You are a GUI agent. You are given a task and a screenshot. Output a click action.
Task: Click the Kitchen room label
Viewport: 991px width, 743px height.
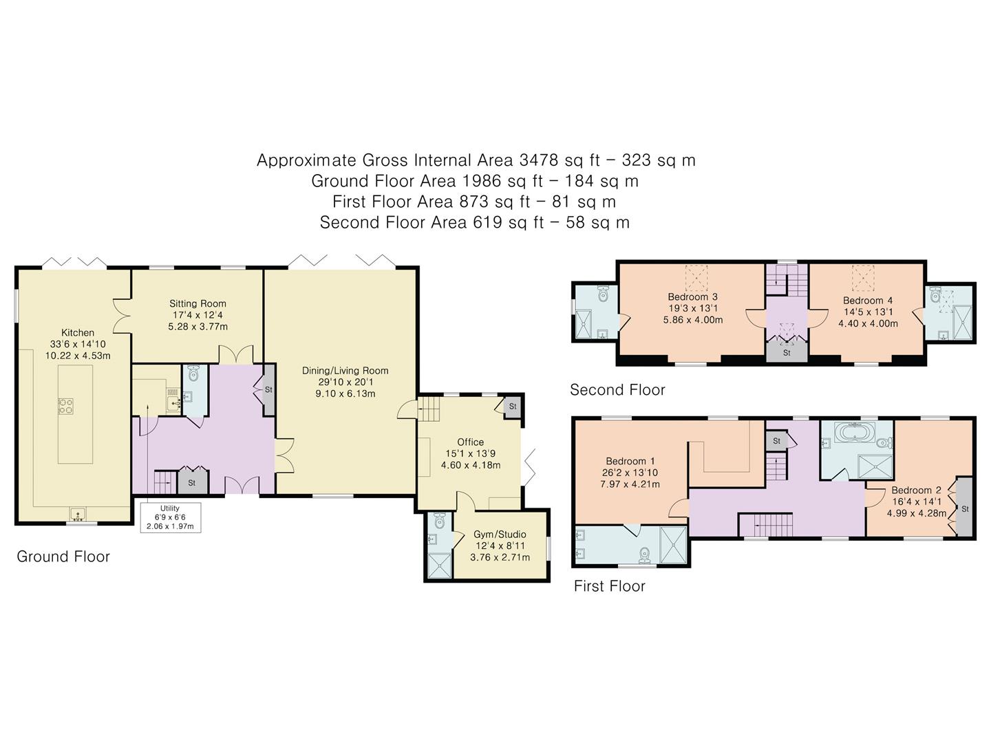(77, 333)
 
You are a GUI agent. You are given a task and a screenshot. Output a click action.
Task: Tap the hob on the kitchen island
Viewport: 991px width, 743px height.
(66, 406)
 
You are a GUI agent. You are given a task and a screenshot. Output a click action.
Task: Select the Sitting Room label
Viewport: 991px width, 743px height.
(198, 303)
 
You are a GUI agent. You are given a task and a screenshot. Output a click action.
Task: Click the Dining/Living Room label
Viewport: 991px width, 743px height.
(345, 371)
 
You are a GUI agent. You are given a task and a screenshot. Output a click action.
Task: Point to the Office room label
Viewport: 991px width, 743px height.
(470, 442)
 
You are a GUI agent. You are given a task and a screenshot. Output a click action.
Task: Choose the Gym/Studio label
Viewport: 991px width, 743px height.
(500, 535)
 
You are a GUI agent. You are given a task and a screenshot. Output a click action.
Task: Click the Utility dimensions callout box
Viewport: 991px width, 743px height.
(170, 517)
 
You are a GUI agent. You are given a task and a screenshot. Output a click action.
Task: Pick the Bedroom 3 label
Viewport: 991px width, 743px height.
(692, 297)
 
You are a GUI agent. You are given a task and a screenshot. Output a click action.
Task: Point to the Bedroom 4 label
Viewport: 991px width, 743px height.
(867, 301)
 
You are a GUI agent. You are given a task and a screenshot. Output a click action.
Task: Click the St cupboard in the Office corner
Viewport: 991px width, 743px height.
(513, 407)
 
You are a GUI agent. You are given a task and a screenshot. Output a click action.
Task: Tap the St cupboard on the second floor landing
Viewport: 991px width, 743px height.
(787, 352)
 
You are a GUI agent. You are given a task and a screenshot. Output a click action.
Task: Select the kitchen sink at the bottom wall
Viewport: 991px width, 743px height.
(76, 513)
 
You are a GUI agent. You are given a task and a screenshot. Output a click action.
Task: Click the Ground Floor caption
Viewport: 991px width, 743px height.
(63, 557)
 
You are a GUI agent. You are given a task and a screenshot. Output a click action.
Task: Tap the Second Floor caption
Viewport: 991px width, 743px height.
(617, 390)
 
